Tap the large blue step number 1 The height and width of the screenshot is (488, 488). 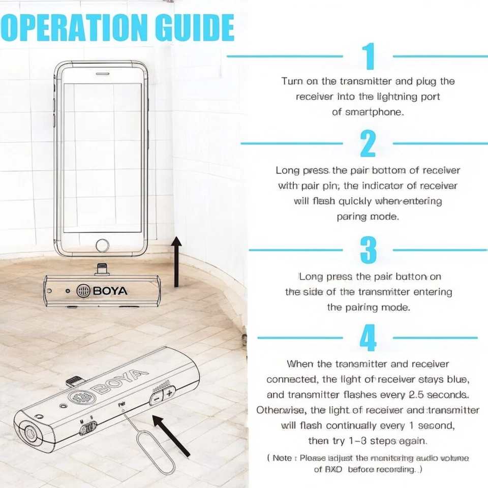pyautogui.click(x=369, y=56)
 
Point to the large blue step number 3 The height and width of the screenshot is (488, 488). pyautogui.click(x=368, y=249)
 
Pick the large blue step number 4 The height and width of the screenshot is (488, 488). pyautogui.click(x=368, y=337)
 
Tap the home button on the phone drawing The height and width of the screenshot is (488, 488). pyautogui.click(x=103, y=245)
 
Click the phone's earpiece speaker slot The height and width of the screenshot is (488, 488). pyautogui.click(x=103, y=73)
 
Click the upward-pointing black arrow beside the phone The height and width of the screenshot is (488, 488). pyautogui.click(x=176, y=262)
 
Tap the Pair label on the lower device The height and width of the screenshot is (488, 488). pyautogui.click(x=121, y=405)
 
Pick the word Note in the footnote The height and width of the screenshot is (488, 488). pyautogui.click(x=282, y=458)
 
